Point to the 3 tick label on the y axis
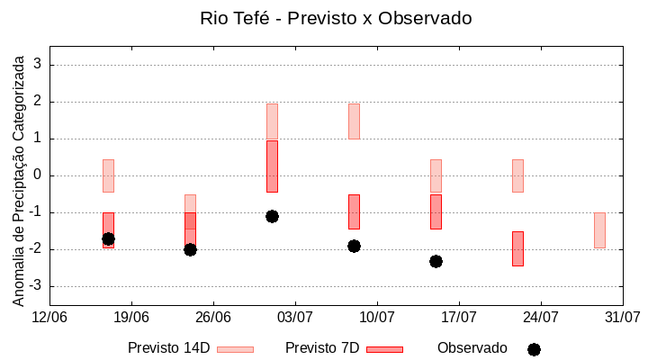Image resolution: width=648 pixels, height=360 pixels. (x=38, y=65)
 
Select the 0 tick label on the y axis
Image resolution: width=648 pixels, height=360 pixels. (x=38, y=175)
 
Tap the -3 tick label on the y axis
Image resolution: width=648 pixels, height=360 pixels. (x=35, y=286)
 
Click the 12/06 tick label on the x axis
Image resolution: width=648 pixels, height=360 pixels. (x=49, y=317)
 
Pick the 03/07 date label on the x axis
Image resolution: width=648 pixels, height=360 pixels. (x=294, y=317)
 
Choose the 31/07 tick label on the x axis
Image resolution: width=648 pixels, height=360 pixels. (x=622, y=317)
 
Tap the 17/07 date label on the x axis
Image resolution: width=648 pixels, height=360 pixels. (x=458, y=317)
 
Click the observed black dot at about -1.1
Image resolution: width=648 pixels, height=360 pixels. (x=272, y=216)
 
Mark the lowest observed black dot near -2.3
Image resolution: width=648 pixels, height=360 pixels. (x=436, y=261)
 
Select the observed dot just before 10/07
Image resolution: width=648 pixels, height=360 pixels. (x=354, y=246)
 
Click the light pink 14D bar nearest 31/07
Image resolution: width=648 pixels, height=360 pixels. (x=599, y=230)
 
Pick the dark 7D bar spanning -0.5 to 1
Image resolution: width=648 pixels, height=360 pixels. (x=272, y=166)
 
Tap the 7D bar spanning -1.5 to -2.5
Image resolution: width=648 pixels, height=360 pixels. (x=517, y=248)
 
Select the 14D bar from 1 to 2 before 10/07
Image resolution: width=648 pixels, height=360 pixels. (x=354, y=121)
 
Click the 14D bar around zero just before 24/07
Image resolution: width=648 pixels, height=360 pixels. (x=517, y=175)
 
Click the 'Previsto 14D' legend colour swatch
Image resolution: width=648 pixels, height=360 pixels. (x=235, y=349)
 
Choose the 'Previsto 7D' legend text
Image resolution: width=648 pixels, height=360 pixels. (x=322, y=348)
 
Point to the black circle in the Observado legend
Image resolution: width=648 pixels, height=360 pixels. (x=534, y=349)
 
